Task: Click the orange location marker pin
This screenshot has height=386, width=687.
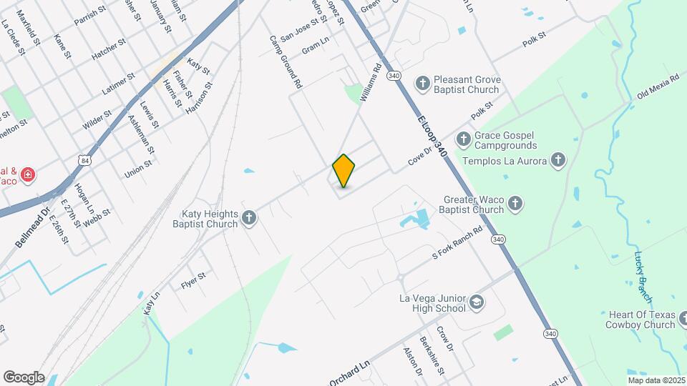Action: (343, 171)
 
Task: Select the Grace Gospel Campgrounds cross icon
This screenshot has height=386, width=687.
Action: (463, 137)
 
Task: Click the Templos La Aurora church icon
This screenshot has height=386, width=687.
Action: (558, 161)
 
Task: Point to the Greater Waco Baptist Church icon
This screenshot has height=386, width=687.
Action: (515, 205)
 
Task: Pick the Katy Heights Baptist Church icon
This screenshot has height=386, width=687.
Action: (249, 218)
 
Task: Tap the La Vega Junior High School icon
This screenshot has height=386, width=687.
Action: (476, 303)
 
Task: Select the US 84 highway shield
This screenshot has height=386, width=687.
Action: (86, 160)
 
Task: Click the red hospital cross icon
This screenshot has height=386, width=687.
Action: (28, 174)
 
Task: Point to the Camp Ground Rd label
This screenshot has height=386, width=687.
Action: (286, 62)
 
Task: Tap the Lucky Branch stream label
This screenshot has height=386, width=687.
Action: (643, 276)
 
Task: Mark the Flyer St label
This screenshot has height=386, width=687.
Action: (193, 280)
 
